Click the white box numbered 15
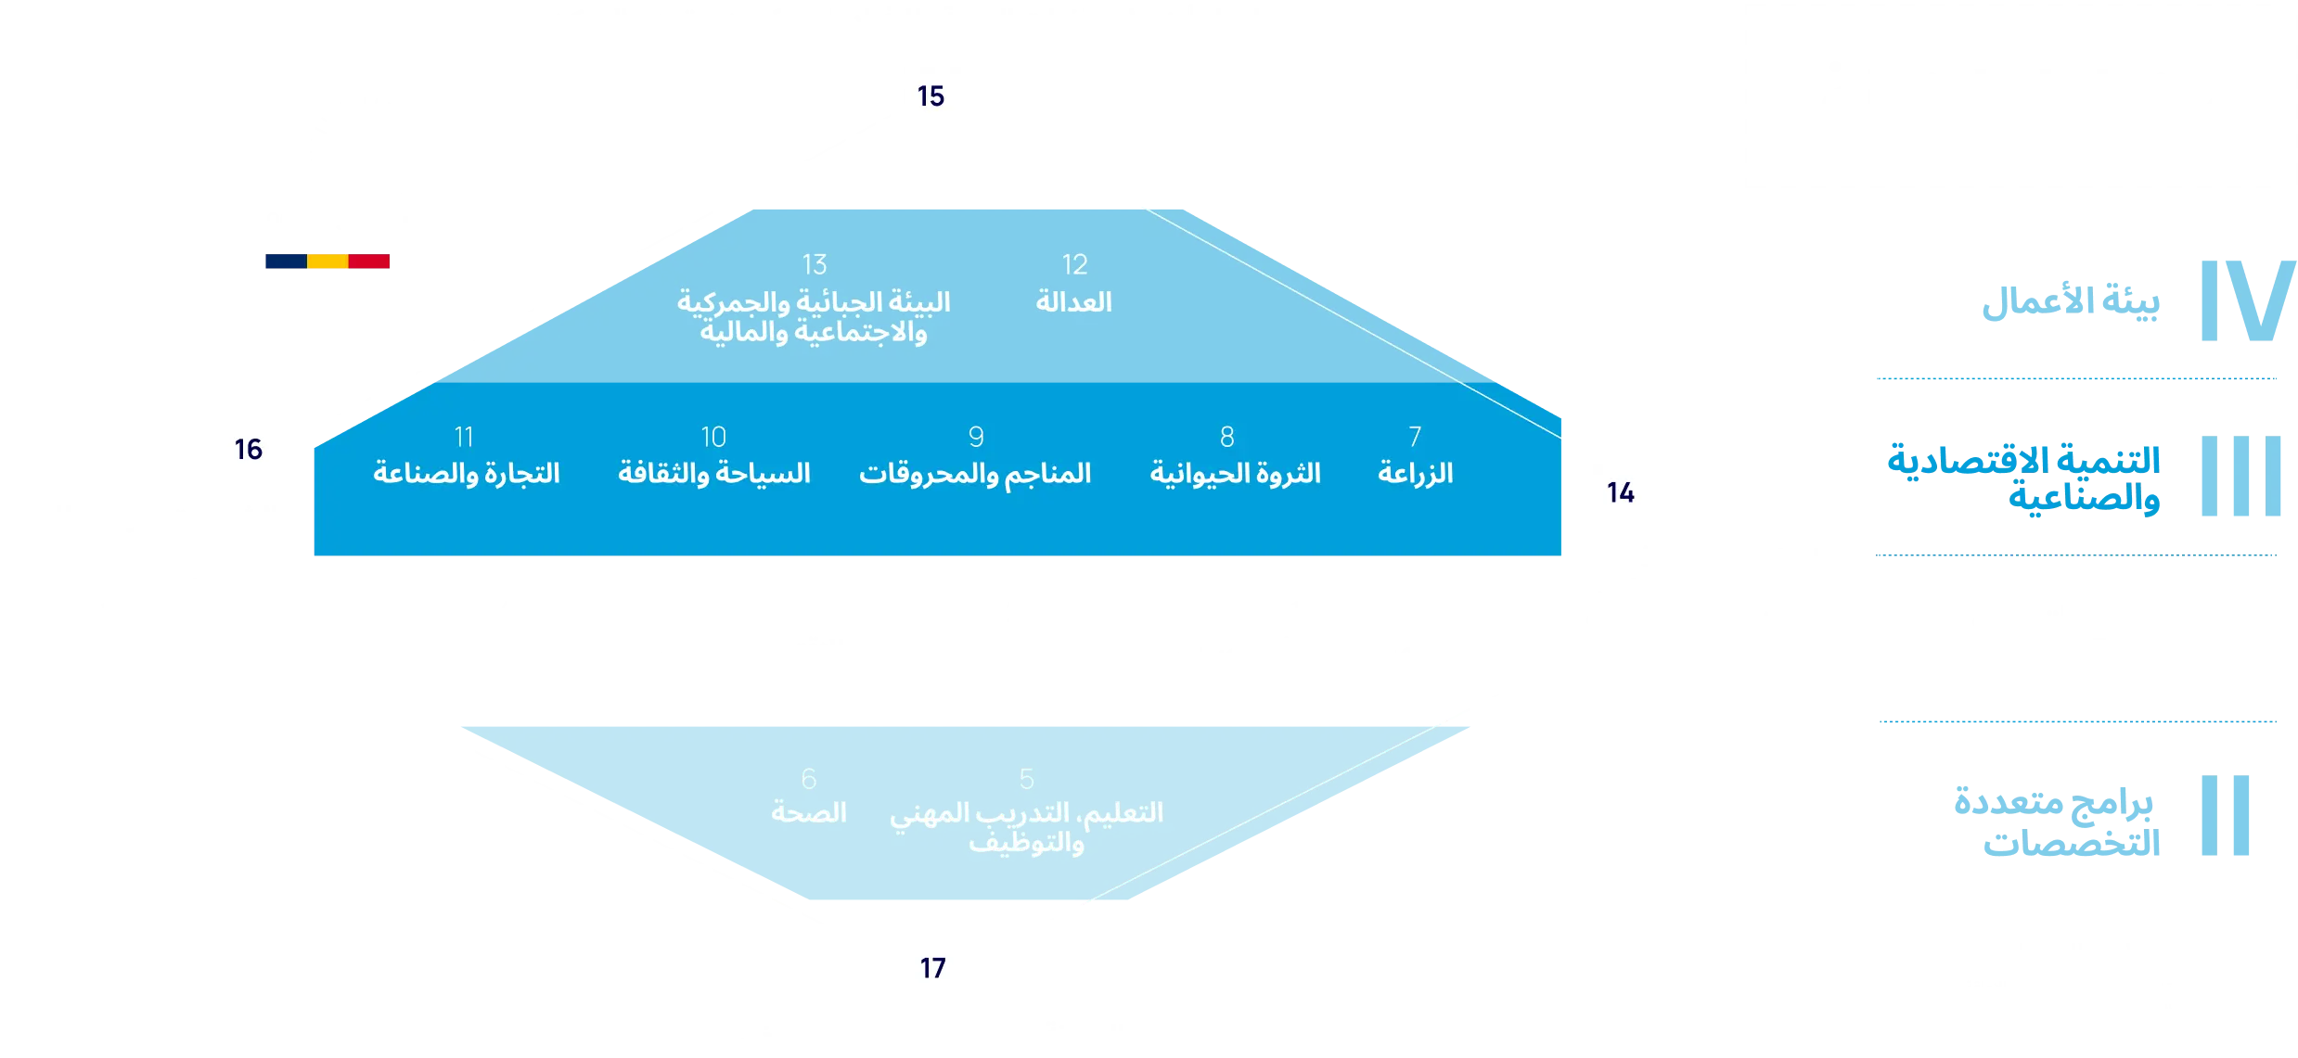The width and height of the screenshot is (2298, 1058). (931, 96)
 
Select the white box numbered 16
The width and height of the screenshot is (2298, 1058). (249, 450)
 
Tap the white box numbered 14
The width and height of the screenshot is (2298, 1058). (1621, 492)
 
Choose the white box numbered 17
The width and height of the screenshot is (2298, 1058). (932, 968)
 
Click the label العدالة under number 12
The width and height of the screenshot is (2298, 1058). (1073, 302)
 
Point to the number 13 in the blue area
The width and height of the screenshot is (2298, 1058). (815, 265)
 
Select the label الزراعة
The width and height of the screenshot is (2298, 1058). (1415, 474)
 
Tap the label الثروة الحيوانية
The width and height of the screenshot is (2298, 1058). (1235, 474)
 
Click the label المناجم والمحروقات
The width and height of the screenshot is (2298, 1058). (974, 474)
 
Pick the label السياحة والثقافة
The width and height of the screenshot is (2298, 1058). (713, 474)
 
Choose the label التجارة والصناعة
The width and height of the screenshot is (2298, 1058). (466, 474)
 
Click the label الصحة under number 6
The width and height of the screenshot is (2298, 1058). (808, 813)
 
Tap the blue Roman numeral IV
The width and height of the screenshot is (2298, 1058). (2244, 301)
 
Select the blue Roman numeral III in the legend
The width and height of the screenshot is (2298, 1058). (2240, 475)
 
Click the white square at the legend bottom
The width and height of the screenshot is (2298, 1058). (2229, 945)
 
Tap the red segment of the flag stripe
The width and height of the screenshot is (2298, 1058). (370, 262)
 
